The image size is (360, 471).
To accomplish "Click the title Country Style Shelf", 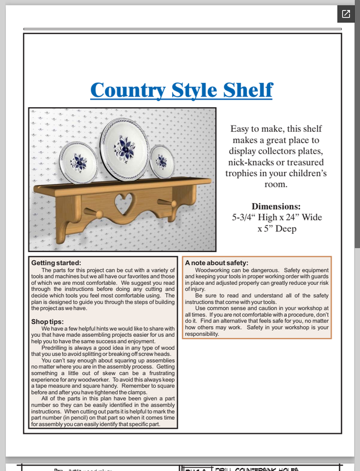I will [181, 90].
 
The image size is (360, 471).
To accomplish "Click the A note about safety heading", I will [216, 263].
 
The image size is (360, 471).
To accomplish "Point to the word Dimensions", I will [276, 207].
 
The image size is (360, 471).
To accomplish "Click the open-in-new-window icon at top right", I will [344, 14].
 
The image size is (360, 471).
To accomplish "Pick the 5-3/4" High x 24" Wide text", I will [276, 218].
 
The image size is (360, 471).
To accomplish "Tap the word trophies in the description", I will [241, 174].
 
